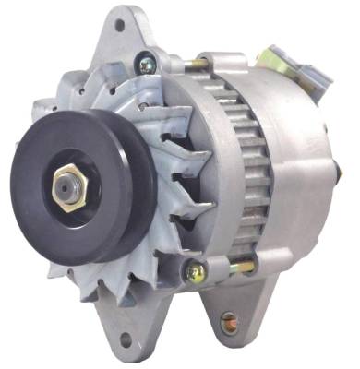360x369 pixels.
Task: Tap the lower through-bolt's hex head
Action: point(196,270)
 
